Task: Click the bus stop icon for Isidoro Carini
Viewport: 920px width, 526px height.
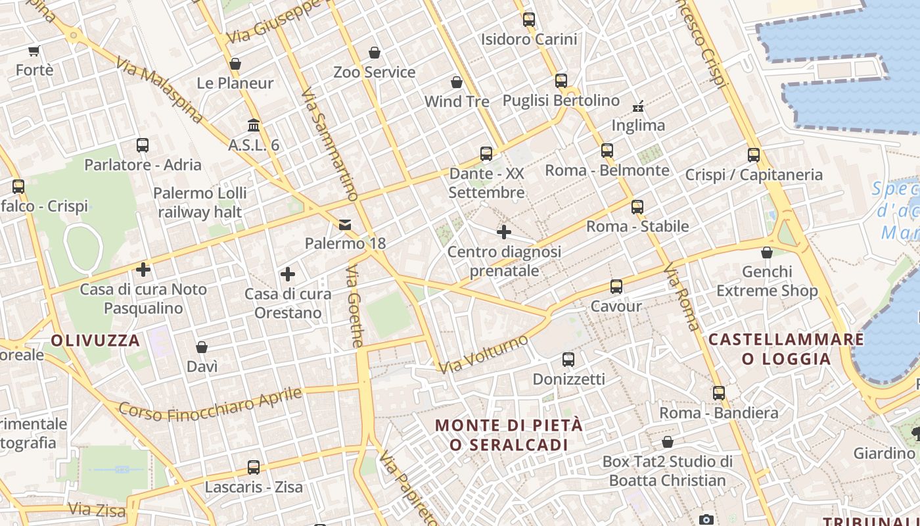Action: tap(529, 20)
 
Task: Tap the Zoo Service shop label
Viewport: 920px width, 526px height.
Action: tap(375, 72)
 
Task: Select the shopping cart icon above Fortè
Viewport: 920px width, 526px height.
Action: tap(34, 51)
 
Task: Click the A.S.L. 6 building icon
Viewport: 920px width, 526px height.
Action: tap(254, 125)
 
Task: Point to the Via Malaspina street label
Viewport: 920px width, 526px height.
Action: tap(160, 91)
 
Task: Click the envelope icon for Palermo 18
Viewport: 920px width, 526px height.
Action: tap(345, 225)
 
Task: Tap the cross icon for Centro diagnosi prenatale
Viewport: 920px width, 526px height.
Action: tap(504, 232)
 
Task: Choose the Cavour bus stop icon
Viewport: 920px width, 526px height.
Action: tap(616, 287)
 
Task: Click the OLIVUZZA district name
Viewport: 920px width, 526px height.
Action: tap(96, 341)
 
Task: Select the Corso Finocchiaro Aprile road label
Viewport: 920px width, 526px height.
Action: tap(210, 404)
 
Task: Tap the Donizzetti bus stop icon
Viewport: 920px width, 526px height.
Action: tap(568, 360)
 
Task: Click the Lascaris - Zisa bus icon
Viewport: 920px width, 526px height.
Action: tap(254, 467)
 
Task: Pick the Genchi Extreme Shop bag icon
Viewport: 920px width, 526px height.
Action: tap(766, 252)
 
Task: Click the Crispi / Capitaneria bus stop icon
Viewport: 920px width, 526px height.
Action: tap(754, 155)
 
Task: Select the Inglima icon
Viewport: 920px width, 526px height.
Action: tap(638, 106)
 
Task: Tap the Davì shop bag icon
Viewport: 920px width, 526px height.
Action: tap(202, 347)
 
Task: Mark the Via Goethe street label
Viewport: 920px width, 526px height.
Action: tap(355, 306)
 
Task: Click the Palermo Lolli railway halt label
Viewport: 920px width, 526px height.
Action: tap(200, 203)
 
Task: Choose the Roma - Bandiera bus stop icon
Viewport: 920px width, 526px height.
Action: tap(719, 393)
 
